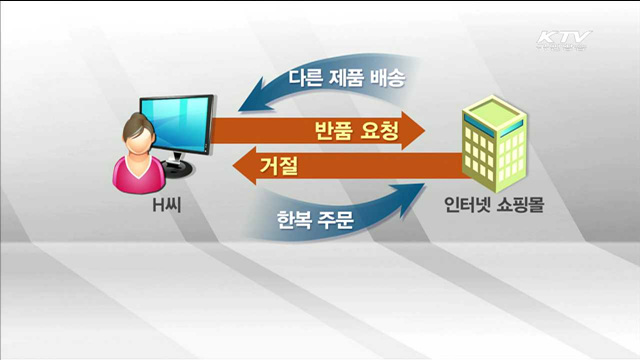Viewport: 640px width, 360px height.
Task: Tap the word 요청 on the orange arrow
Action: [370, 130]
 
